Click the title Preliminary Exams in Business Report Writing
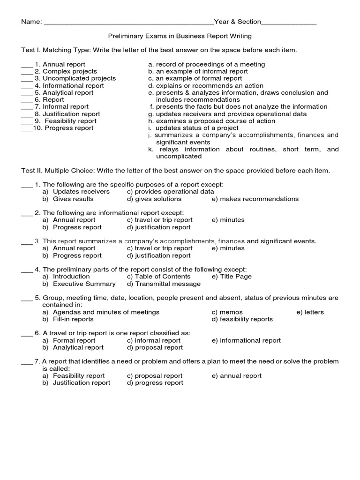point(180,36)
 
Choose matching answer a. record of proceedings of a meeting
point(206,64)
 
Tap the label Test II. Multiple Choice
point(55,171)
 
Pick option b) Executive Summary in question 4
point(79,284)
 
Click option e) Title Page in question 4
point(232,277)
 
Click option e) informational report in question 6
point(246,340)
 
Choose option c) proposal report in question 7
point(155,375)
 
